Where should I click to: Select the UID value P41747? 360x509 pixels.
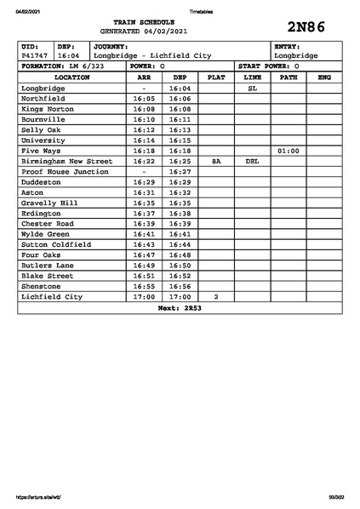(x=34, y=55)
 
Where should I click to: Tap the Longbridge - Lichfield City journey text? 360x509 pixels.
(x=152, y=55)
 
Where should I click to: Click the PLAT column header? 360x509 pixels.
(x=216, y=77)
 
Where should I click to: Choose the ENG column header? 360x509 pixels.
(x=323, y=77)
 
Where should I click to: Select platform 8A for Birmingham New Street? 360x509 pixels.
(x=216, y=161)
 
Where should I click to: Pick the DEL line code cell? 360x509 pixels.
(x=252, y=161)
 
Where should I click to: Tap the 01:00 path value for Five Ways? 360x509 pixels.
(x=289, y=151)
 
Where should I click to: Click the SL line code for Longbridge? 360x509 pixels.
(x=252, y=88)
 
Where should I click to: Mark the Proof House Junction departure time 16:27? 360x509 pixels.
(x=180, y=171)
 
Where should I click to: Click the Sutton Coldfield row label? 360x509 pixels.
(x=56, y=244)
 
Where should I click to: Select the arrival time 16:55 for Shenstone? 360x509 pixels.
(x=144, y=287)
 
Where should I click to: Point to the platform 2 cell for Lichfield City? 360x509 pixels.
(x=216, y=297)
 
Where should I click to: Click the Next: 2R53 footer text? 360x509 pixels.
(x=180, y=308)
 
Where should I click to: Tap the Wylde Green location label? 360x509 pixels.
(x=46, y=234)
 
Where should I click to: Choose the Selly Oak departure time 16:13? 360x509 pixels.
(x=180, y=129)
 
